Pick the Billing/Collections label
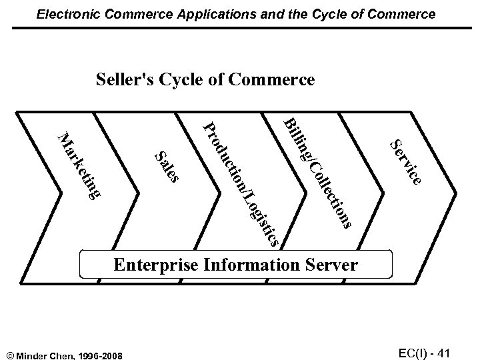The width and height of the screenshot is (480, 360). click(318, 173)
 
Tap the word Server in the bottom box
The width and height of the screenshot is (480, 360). click(333, 265)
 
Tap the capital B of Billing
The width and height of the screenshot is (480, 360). click(290, 124)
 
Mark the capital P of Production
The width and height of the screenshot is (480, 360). click(209, 127)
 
